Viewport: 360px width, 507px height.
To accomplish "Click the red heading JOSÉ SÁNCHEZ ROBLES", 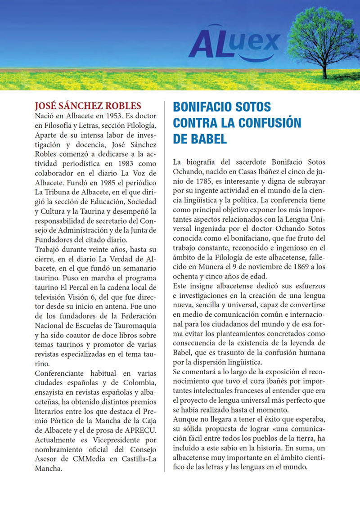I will pyautogui.click(x=88, y=106).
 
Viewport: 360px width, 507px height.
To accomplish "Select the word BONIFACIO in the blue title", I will pyautogui.click(x=202, y=107).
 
